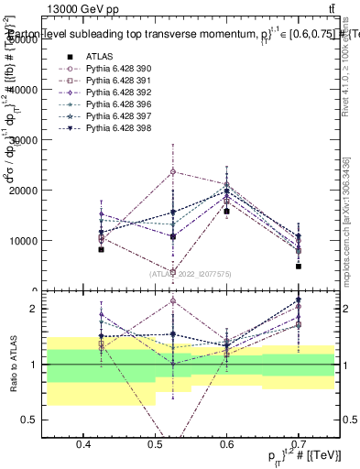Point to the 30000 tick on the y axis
tap(23, 140)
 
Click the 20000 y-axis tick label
tap(23, 191)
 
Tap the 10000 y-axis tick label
tap(23, 241)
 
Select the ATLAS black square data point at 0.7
tap(299, 267)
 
